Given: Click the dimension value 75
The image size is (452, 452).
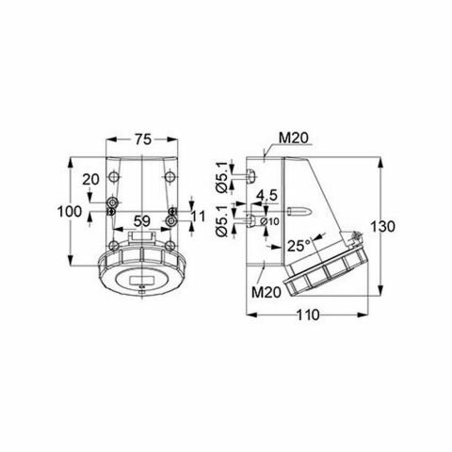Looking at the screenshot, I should point(140,138).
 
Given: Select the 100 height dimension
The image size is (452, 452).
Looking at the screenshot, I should point(68,212).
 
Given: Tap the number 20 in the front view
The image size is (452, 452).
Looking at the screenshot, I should point(89,180).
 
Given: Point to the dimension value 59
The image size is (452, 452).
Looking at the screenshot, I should point(140,223).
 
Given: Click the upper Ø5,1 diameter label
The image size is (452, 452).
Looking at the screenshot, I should point(219,178).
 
